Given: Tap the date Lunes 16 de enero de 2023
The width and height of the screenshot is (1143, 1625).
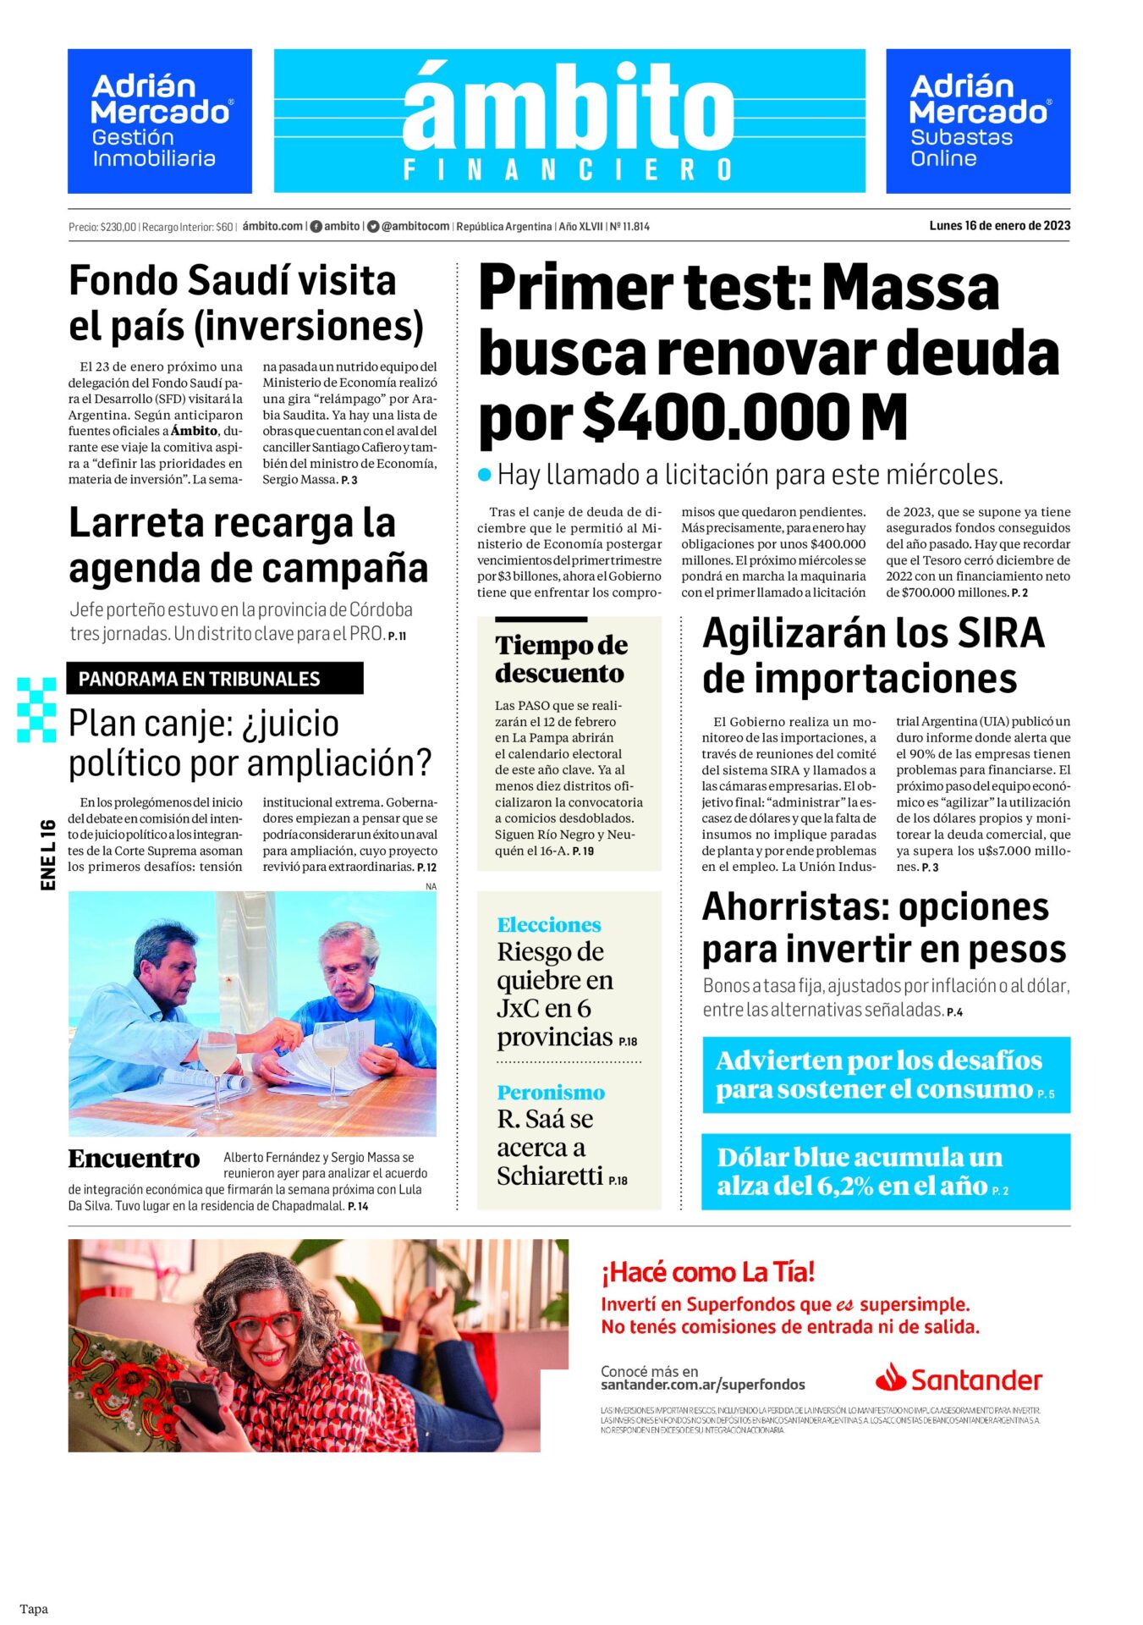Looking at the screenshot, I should point(999,226).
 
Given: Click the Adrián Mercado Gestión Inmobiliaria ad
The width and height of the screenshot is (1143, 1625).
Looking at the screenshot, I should point(160,121).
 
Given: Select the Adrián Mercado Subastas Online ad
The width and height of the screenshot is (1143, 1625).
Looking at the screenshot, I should point(977,121).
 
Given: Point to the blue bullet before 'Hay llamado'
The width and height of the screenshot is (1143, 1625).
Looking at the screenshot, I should point(485,475).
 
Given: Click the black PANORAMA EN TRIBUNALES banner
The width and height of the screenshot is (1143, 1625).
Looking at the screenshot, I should point(215,679).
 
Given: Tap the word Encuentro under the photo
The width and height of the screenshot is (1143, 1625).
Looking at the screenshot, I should point(135,1159).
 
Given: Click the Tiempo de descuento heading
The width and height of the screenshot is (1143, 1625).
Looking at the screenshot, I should point(561,658).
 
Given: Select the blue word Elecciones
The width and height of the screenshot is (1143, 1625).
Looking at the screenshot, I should point(549,924).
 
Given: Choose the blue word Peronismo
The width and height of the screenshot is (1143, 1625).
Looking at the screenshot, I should point(551,1092).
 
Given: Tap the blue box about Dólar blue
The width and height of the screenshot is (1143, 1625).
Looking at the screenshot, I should point(885,1171).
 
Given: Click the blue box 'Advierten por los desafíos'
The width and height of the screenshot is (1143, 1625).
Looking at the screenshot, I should point(885,1074).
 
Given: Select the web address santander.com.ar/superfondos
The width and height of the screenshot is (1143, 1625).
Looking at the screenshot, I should point(702,1385).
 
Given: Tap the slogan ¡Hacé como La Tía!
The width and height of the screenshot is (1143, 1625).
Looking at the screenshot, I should point(707,1271).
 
